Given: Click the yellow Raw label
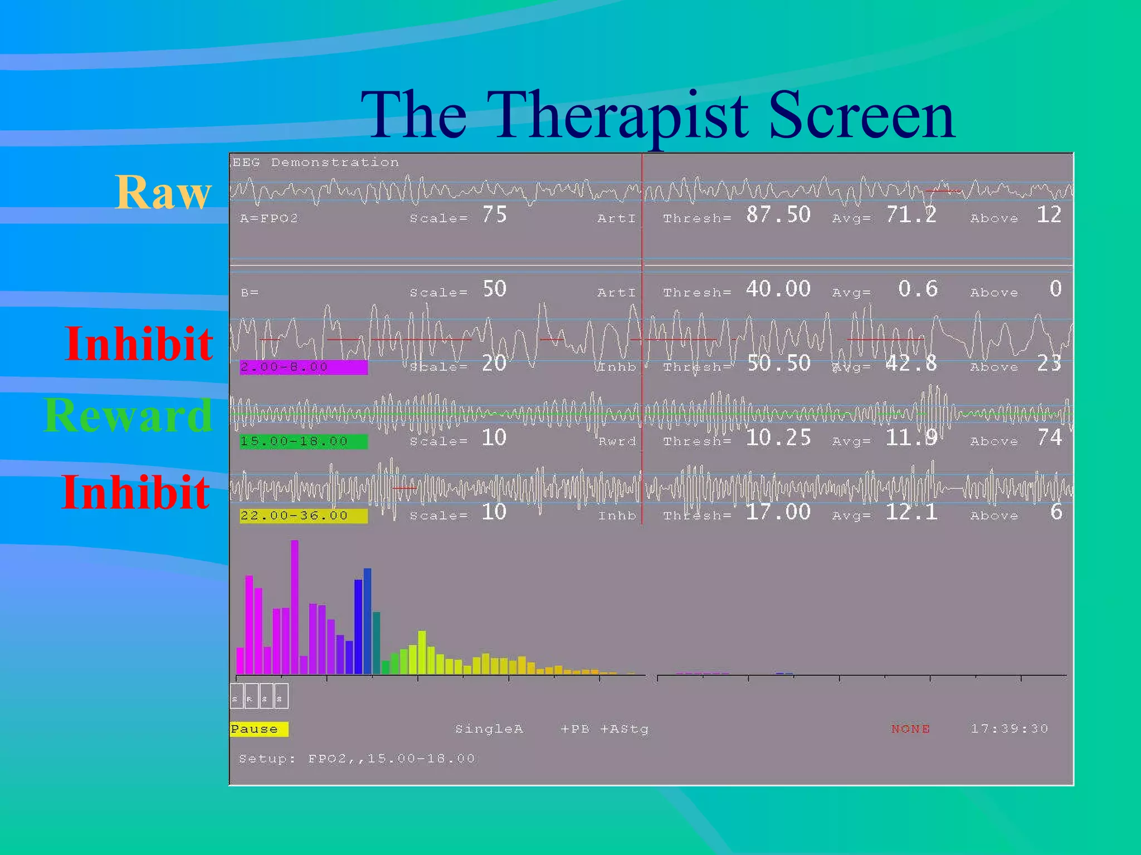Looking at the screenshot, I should click(163, 192).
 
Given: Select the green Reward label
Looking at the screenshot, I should click(128, 415).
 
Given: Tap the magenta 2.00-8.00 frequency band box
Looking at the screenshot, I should click(304, 367).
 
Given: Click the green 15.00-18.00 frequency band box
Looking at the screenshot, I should click(304, 441).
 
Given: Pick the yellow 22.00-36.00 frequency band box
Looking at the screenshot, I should click(304, 515).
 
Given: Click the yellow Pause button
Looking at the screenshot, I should click(259, 729).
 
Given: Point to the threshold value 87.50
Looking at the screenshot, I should click(778, 215).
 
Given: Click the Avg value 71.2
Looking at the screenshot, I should click(911, 215).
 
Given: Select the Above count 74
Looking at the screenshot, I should click(1049, 438).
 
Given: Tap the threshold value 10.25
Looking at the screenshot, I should click(778, 438).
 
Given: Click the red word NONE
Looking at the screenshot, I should click(910, 729).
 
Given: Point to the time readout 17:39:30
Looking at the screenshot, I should click(1009, 729).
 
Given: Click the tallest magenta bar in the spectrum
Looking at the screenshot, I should click(295, 607).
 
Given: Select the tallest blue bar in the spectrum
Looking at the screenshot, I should click(367, 621).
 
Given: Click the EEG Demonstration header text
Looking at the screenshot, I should click(315, 163).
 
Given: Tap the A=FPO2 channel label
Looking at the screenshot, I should click(269, 218).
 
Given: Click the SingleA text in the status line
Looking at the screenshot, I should click(489, 729).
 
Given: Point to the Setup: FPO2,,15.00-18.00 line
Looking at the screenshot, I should click(357, 758).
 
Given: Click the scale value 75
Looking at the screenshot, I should click(494, 215).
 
